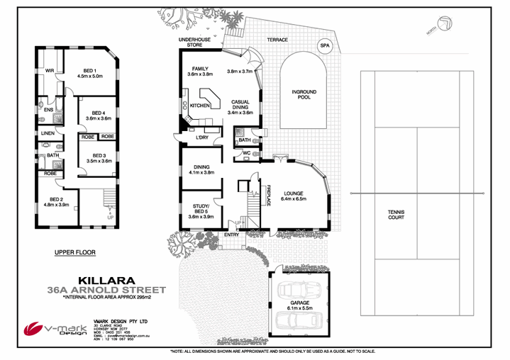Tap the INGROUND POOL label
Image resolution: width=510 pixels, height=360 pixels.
[x=304, y=95]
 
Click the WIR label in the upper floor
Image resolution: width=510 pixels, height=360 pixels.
[x=50, y=71]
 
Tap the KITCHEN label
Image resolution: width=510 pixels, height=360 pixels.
[x=200, y=105]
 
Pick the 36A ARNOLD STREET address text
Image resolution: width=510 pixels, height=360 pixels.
[x=106, y=290]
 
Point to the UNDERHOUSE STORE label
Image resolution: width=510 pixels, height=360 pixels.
[x=190, y=42]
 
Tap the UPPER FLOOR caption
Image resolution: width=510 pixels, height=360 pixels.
[x=74, y=252]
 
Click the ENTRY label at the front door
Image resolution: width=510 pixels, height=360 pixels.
[x=232, y=234]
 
